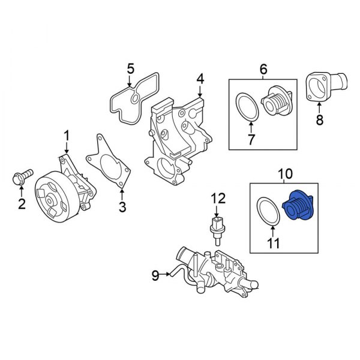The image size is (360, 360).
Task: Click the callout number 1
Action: [67, 135]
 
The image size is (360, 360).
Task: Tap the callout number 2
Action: [22, 205]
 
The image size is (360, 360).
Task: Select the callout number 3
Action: [122, 207]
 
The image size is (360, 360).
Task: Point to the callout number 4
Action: [200, 79]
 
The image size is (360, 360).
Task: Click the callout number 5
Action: [130, 70]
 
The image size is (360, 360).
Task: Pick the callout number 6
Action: [263, 70]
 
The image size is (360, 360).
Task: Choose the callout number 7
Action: [251, 140]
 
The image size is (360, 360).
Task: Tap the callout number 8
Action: [319, 120]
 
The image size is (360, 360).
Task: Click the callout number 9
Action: [155, 275]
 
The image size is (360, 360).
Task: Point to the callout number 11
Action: [272, 244]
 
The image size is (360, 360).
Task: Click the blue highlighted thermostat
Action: [299, 208]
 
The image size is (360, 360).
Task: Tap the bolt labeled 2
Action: [20, 177]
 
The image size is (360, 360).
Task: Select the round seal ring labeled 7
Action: [246, 106]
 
